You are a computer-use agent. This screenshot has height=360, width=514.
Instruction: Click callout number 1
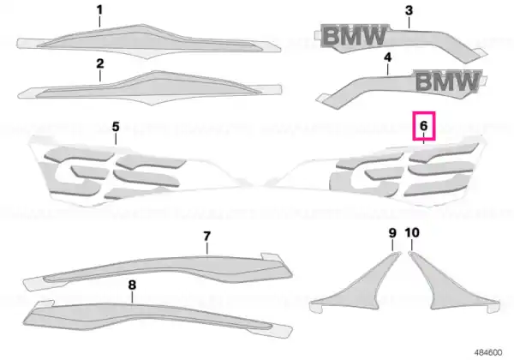99,10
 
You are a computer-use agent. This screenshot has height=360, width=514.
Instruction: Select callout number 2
100,63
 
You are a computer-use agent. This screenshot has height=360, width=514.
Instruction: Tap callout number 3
409,10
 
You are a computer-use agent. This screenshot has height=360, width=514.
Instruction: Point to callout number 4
387,57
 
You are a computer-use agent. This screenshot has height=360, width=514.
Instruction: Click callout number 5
116,127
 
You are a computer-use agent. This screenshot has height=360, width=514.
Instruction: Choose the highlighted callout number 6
424,126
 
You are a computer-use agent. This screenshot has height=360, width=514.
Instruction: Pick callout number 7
206,236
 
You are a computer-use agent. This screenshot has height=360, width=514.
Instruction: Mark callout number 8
132,285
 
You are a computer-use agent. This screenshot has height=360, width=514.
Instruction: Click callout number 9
392,233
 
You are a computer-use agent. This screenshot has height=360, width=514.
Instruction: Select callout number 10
412,233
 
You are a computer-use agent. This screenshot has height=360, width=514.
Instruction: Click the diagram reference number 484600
488,352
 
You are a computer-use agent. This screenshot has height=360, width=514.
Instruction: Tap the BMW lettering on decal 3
355,35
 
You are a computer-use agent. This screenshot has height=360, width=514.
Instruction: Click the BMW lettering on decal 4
447,81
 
